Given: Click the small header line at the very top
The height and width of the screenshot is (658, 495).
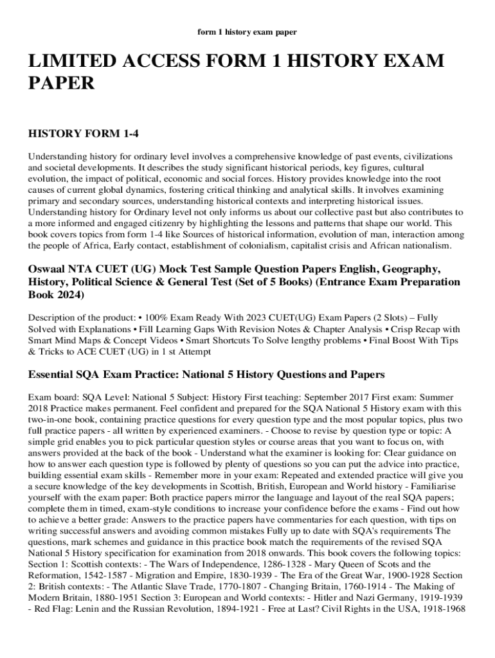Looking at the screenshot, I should click(247, 31).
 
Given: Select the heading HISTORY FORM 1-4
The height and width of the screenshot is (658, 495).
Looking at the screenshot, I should click(84, 134).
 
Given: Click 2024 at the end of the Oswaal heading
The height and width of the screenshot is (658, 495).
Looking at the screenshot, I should click(69, 295).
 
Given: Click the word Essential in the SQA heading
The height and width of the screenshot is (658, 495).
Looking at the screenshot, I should click(53, 375).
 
